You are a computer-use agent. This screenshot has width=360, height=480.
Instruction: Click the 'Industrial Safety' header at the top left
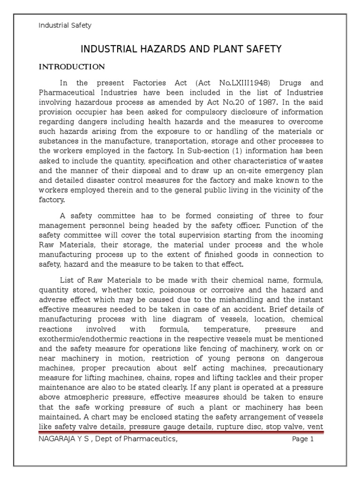(65, 26)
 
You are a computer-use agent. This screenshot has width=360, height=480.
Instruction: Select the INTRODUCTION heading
(71, 67)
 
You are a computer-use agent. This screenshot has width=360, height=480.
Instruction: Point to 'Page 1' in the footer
(302, 440)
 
